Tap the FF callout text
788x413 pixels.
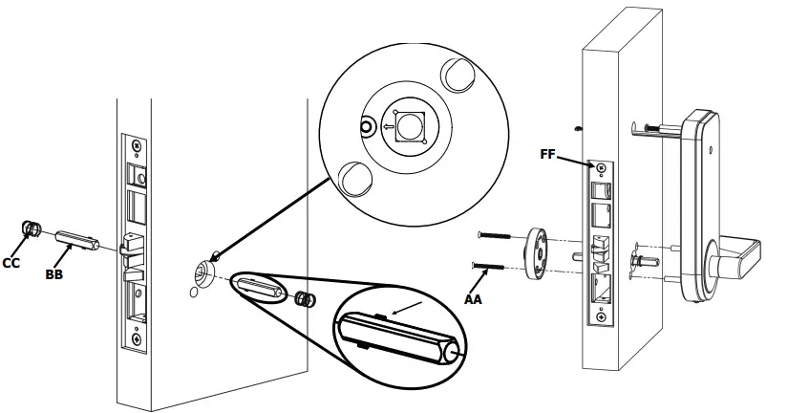click(548, 152)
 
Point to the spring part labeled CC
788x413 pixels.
click(30, 229)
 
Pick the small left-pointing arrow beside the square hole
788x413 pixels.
click(387, 125)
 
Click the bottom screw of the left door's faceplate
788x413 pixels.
click(138, 337)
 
